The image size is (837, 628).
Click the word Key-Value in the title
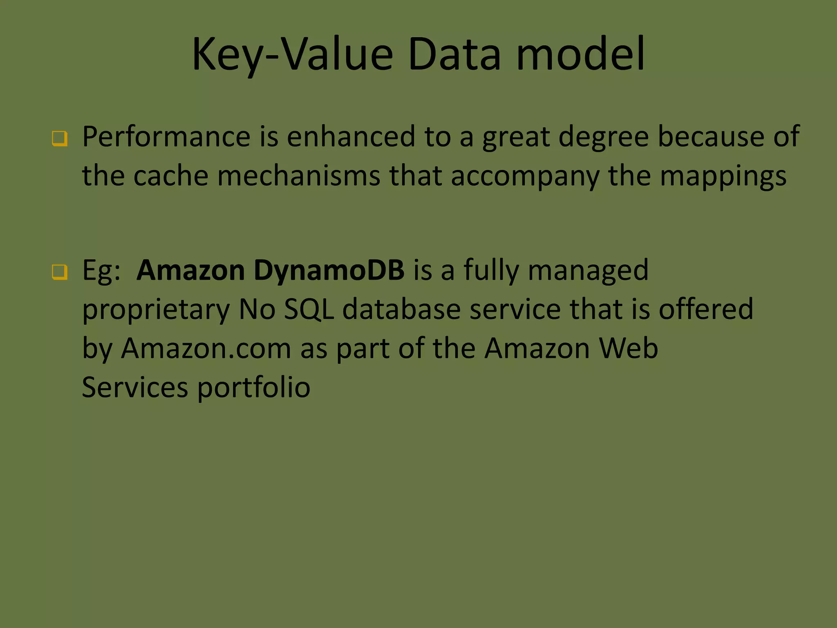(x=292, y=54)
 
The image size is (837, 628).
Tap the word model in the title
(x=580, y=54)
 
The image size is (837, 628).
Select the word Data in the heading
(x=454, y=54)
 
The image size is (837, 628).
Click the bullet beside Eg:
(x=60, y=272)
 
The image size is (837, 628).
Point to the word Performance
(x=166, y=137)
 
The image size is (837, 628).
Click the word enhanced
(x=351, y=137)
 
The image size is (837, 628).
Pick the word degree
(x=603, y=137)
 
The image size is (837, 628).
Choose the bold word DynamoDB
(x=329, y=271)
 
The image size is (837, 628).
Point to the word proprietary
(x=156, y=310)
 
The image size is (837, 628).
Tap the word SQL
(x=309, y=309)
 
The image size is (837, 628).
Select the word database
(x=401, y=309)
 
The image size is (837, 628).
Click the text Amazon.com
(x=206, y=348)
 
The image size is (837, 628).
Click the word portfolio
(x=253, y=388)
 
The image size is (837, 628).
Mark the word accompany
(x=525, y=177)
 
